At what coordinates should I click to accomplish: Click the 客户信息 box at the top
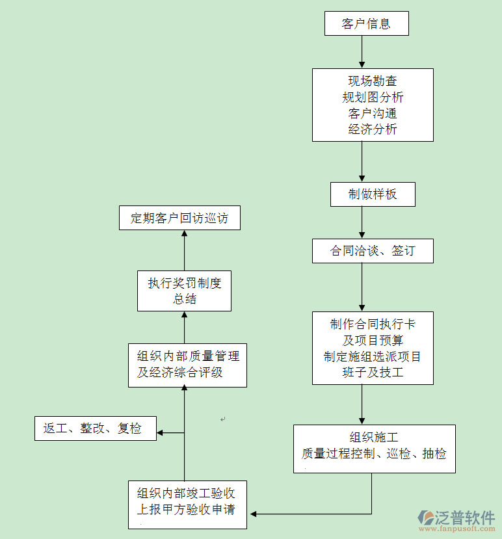[366, 24]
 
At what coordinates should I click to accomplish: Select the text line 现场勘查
[373, 81]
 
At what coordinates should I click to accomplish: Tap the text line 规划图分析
[373, 98]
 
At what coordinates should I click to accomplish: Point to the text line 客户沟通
[373, 113]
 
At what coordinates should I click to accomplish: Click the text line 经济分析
[373, 129]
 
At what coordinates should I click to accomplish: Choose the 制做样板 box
[373, 194]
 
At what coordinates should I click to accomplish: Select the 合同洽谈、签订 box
[373, 251]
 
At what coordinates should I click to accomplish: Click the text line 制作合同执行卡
[373, 324]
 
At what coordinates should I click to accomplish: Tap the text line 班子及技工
[373, 373]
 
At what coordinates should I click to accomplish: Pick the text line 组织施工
[374, 438]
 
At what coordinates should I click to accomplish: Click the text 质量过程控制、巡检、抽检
[374, 454]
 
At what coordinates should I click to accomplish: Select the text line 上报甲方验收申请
[186, 509]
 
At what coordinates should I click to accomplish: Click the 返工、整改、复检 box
[95, 428]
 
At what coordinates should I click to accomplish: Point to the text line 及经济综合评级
[179, 373]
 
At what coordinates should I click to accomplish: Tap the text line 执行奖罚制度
[185, 283]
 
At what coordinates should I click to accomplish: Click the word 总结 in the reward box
[185, 299]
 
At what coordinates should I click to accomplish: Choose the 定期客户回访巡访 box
[179, 218]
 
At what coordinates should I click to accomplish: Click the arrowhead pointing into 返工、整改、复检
[161, 432]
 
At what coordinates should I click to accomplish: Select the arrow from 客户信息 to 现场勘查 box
[362, 52]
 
